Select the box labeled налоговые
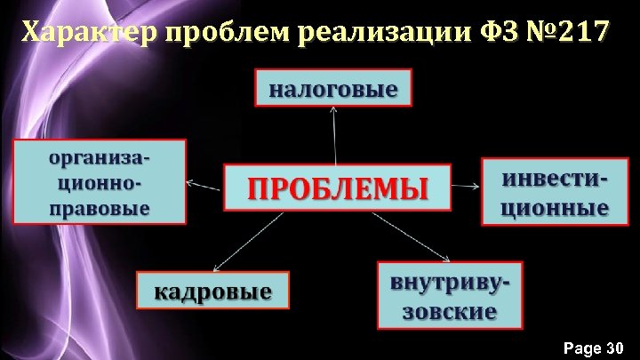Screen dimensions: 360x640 click(x=334, y=88)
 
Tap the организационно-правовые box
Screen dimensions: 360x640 click(x=99, y=180)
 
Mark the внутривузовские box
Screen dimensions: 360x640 click(x=451, y=295)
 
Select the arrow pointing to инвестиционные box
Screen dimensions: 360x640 click(x=466, y=187)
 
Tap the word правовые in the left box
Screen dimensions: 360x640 click(x=99, y=210)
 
